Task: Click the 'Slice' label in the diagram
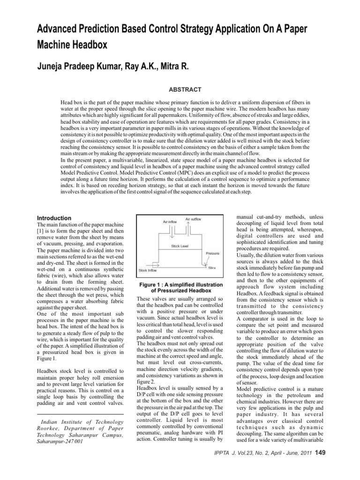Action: point(212,268)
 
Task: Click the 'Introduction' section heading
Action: point(54,218)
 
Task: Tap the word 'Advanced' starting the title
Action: point(60,29)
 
